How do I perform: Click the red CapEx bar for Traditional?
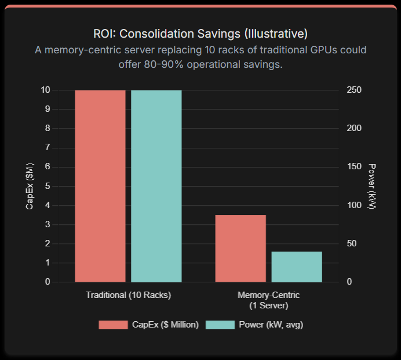click(x=100, y=186)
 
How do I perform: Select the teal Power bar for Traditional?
click(x=156, y=186)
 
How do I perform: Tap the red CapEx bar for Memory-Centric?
click(x=240, y=249)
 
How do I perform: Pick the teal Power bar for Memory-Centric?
click(x=297, y=267)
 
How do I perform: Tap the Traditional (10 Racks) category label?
click(x=128, y=295)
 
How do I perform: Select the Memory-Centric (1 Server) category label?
click(x=268, y=300)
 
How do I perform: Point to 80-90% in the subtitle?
click(x=156, y=64)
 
